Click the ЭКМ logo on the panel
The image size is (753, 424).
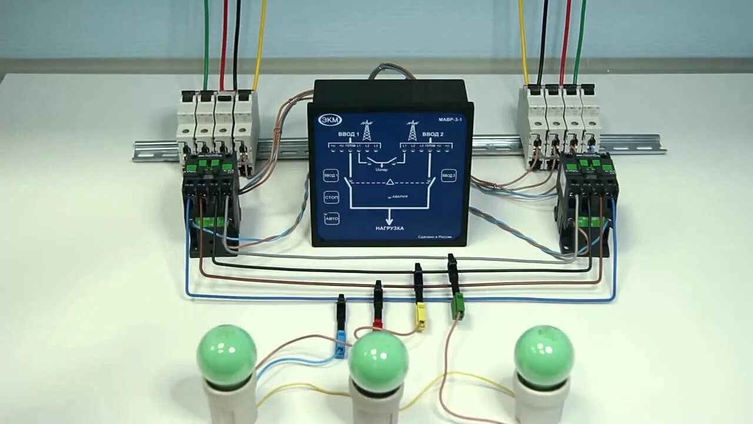point(330,120)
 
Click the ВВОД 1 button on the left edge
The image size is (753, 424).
point(331,175)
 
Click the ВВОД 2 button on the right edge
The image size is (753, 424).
point(449,175)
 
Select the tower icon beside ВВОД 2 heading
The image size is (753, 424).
point(412,130)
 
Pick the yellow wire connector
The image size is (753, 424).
point(420,316)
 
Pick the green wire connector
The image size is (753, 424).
point(458,306)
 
